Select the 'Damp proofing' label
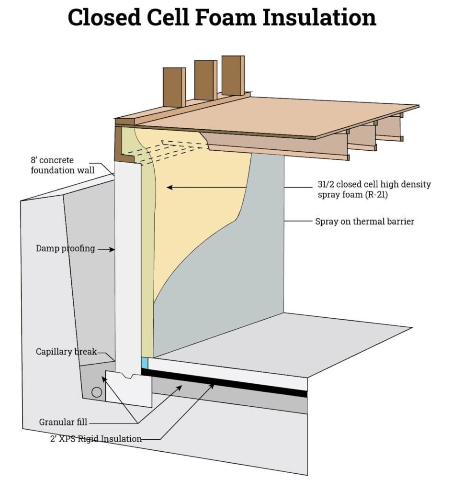(x=65, y=248)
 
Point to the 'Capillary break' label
(x=66, y=352)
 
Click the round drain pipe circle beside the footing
(x=97, y=392)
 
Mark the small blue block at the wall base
(x=145, y=362)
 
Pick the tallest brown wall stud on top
(x=233, y=75)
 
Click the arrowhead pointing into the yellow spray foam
(x=169, y=188)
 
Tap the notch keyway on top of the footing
(x=127, y=376)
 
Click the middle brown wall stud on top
(x=205, y=80)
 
